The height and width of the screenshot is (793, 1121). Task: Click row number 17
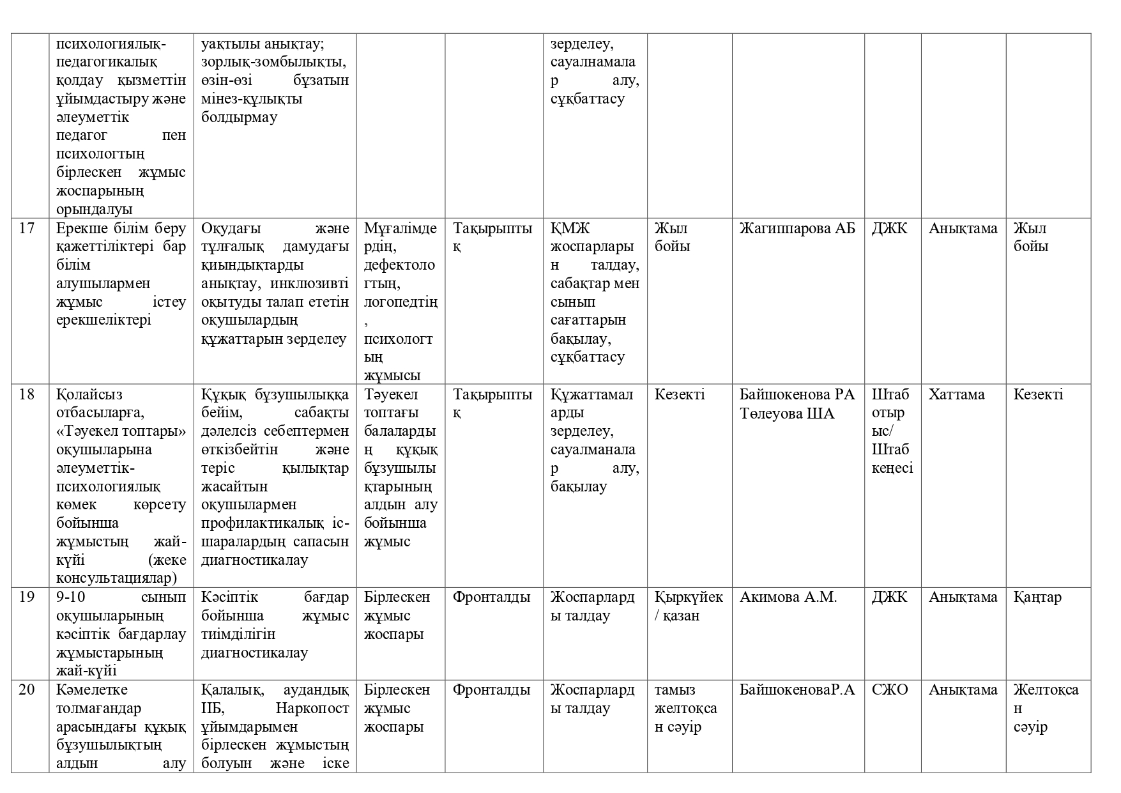27,228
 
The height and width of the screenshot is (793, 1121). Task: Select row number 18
27,394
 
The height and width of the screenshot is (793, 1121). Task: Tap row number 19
27,597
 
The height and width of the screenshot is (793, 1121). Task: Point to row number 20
27,690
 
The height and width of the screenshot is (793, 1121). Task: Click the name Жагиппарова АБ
797,228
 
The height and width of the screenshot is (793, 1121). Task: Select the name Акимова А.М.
788,597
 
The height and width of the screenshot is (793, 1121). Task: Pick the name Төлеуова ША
787,413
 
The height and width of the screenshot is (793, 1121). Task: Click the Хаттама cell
956,394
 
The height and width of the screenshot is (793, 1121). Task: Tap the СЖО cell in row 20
889,690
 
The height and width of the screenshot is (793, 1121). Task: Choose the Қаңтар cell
1037,597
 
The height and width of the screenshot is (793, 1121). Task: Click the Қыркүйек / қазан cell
689,606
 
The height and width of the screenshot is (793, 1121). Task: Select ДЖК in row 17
889,228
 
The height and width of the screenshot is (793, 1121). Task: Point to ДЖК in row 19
889,597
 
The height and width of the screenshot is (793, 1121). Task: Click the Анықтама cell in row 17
963,228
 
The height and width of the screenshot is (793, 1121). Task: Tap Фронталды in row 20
491,690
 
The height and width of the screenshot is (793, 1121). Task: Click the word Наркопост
312,709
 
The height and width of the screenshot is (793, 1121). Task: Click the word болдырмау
239,118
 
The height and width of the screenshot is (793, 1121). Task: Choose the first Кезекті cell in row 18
680,394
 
